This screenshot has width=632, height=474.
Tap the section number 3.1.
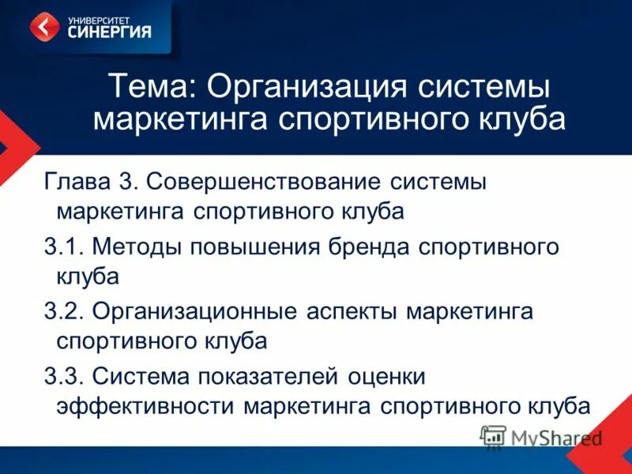[63, 246]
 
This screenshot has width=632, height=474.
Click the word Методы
[136, 246]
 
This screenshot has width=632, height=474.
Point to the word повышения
[250, 246]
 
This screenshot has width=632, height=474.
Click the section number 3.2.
[63, 310]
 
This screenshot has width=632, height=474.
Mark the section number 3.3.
[63, 375]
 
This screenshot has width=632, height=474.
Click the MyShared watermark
[542, 437]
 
